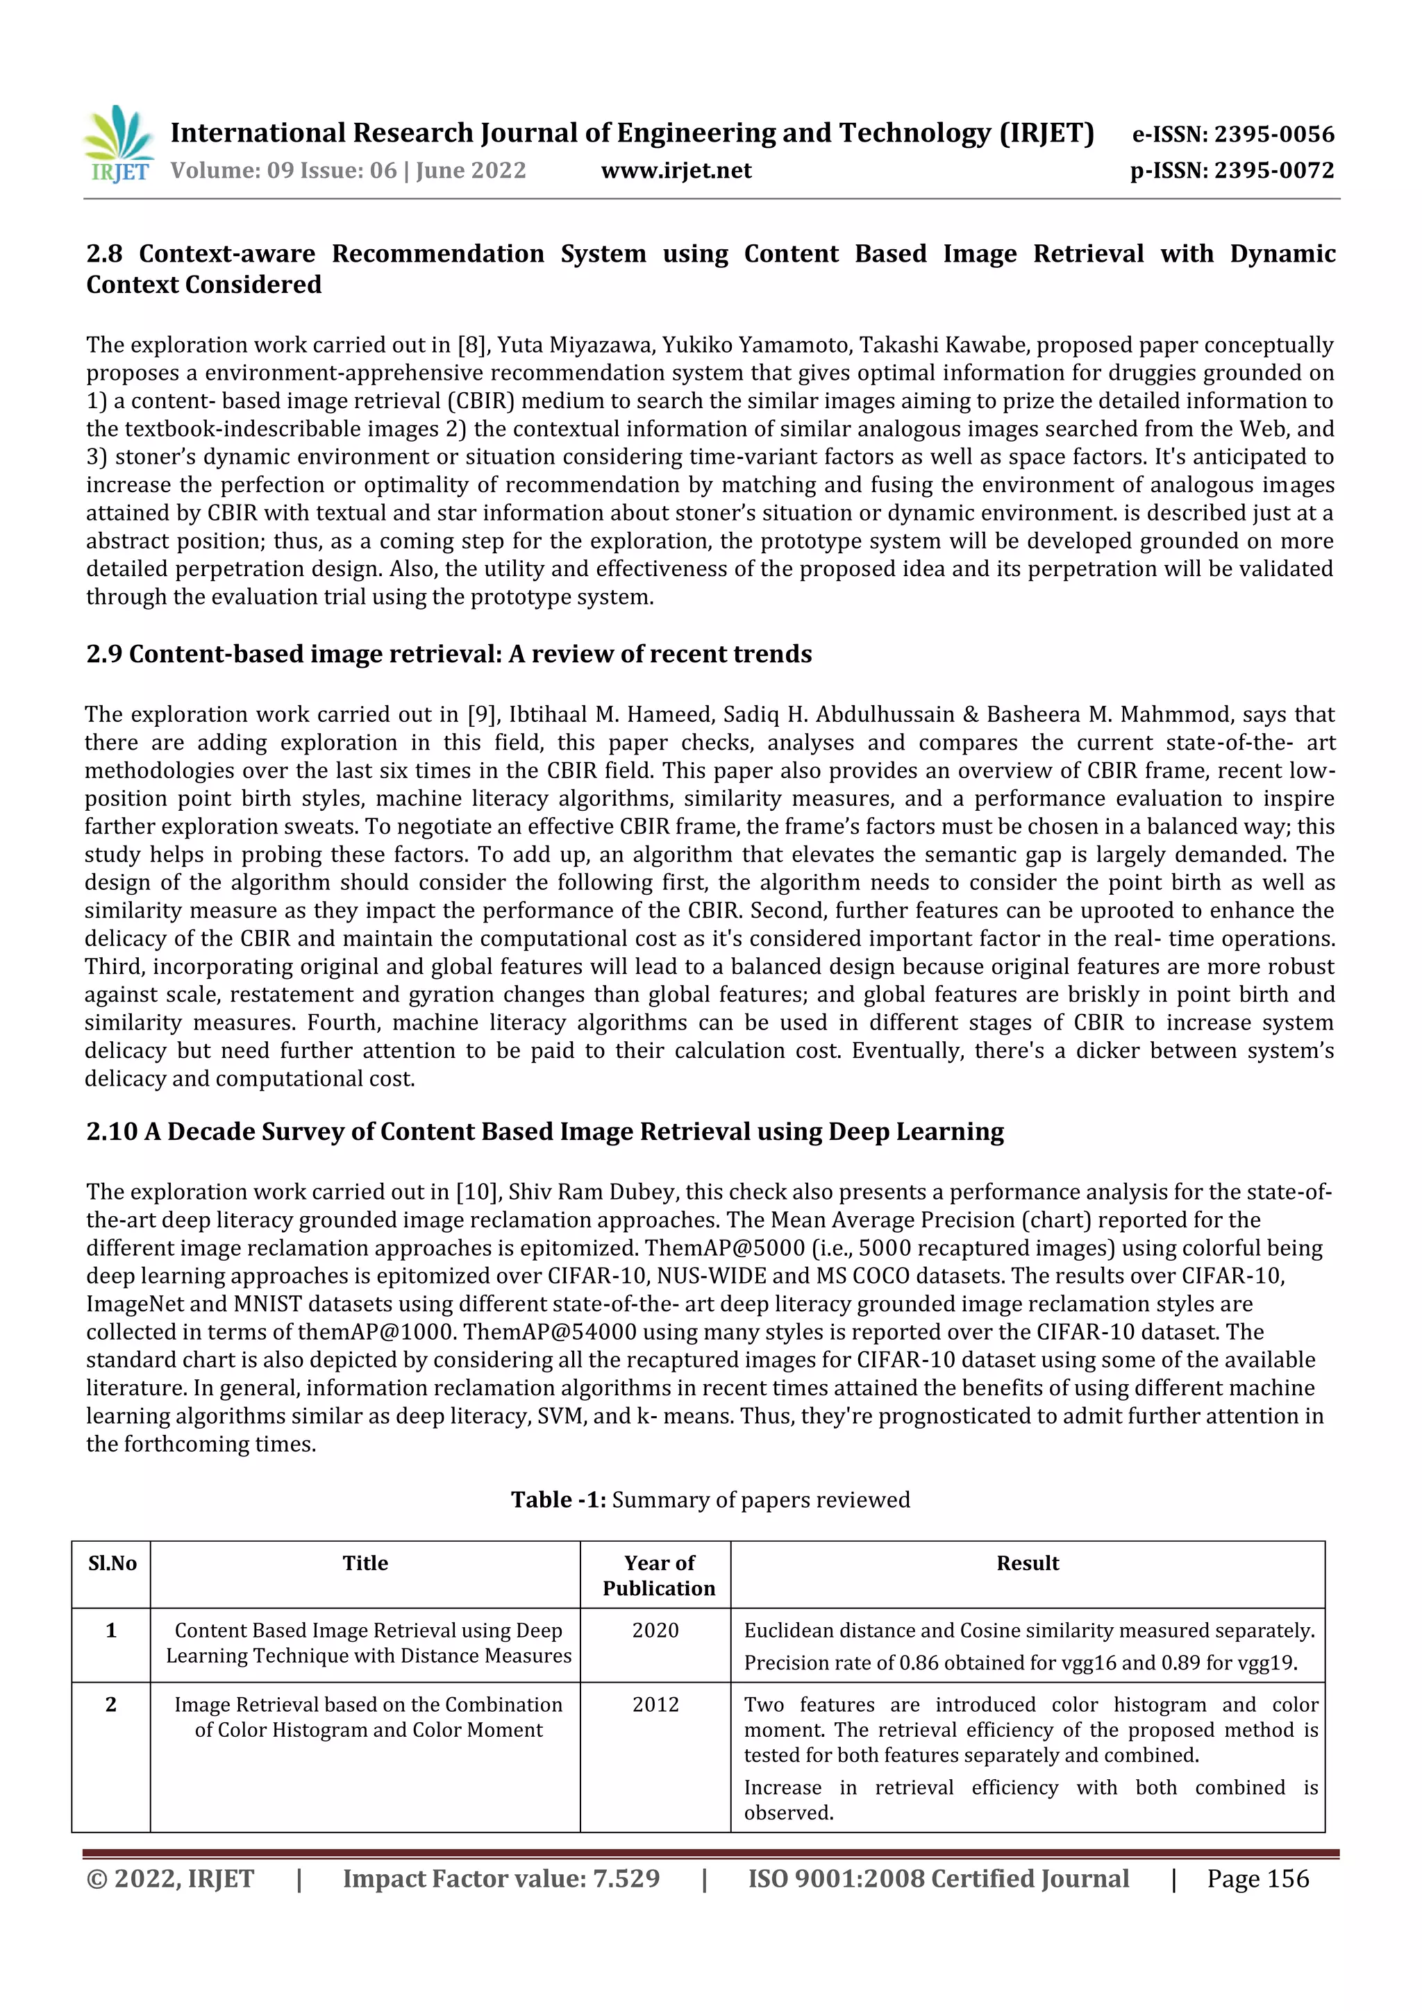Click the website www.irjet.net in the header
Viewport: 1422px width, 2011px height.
676,170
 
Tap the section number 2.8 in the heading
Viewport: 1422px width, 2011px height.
104,254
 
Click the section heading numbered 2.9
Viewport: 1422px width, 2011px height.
449,655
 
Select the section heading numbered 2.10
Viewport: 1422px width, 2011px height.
544,1131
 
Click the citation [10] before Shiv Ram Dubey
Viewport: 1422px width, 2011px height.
476,1192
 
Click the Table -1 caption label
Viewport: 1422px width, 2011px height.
558,1499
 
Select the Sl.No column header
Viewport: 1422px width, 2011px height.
112,1563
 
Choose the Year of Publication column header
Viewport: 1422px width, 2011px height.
658,1576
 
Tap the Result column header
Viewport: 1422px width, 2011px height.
1027,1563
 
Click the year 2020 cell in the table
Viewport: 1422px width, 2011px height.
655,1630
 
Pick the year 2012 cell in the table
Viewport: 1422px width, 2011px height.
655,1704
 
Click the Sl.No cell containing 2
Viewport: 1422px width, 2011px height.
111,1704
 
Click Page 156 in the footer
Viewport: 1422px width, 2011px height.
1257,1878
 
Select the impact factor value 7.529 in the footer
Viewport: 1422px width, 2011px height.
626,1878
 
